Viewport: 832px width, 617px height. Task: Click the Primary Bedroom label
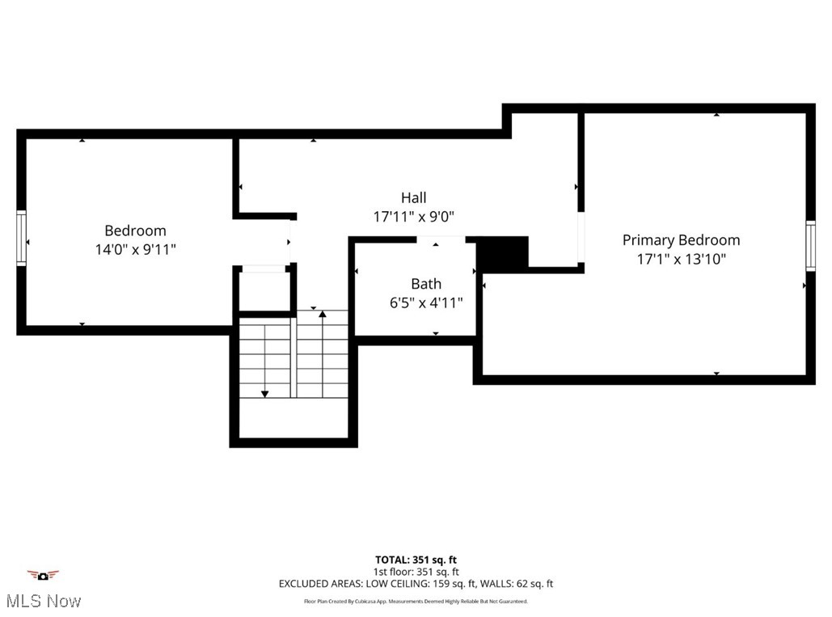(681, 240)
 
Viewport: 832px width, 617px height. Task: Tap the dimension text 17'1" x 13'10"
(681, 260)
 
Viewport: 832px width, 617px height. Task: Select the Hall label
(413, 197)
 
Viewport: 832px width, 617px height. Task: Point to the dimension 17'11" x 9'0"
(413, 217)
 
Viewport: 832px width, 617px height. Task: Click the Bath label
(425, 284)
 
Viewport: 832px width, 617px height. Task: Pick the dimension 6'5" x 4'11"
(425, 303)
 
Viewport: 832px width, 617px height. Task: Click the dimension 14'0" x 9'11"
(135, 250)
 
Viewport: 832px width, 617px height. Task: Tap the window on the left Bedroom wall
(22, 238)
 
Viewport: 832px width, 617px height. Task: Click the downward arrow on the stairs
(264, 393)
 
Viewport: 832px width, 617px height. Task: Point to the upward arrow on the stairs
(322, 314)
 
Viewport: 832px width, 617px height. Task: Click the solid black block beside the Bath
(502, 253)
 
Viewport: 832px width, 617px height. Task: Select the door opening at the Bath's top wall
(441, 238)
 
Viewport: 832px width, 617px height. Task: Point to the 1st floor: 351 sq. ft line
(416, 572)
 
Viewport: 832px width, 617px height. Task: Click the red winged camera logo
(43, 575)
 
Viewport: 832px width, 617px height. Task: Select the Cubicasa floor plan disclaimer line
(416, 602)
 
